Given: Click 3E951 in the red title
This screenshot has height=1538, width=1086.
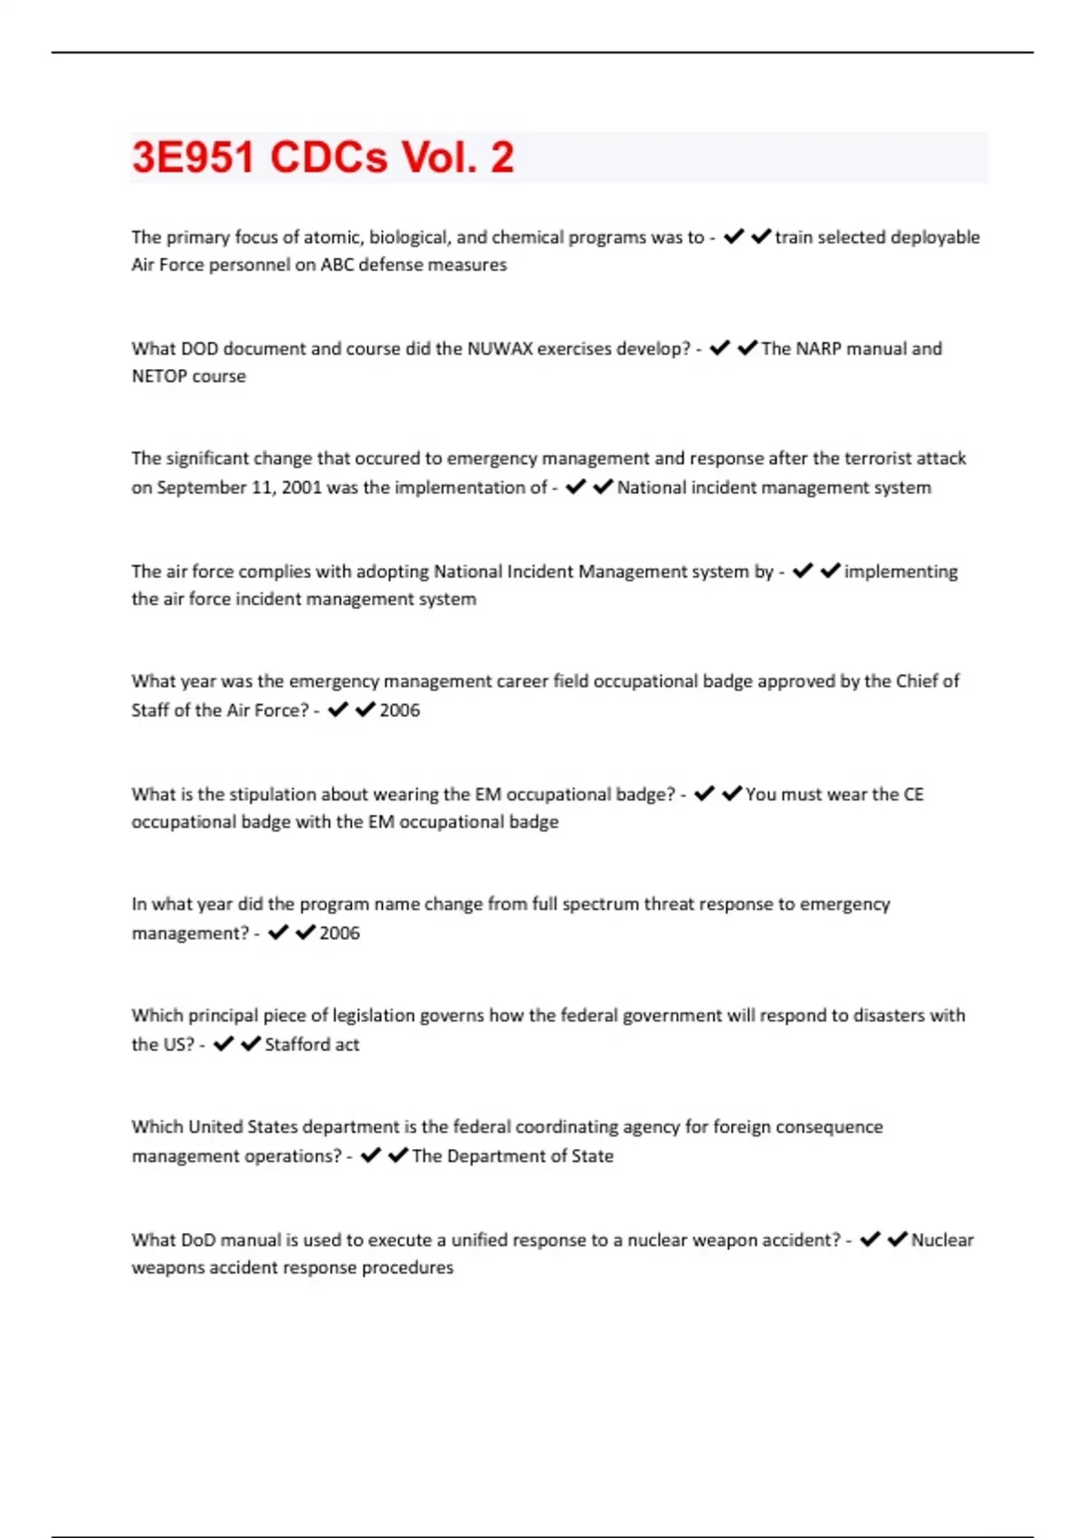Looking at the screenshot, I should (x=193, y=157).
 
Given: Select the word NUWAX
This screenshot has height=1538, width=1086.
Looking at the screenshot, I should (x=500, y=348).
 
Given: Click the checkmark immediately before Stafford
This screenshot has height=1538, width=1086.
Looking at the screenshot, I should (x=251, y=1044).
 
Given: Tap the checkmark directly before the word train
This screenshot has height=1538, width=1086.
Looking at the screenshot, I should (x=761, y=236).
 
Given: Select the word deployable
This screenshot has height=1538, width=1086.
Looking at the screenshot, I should (x=935, y=237).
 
